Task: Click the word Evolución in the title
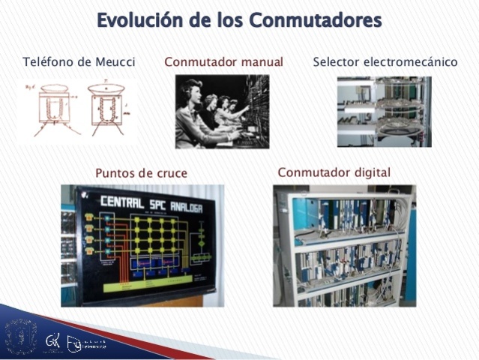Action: point(139,21)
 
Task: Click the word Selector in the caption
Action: point(335,62)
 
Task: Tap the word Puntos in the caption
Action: point(116,173)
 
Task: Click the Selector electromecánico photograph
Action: point(384,111)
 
